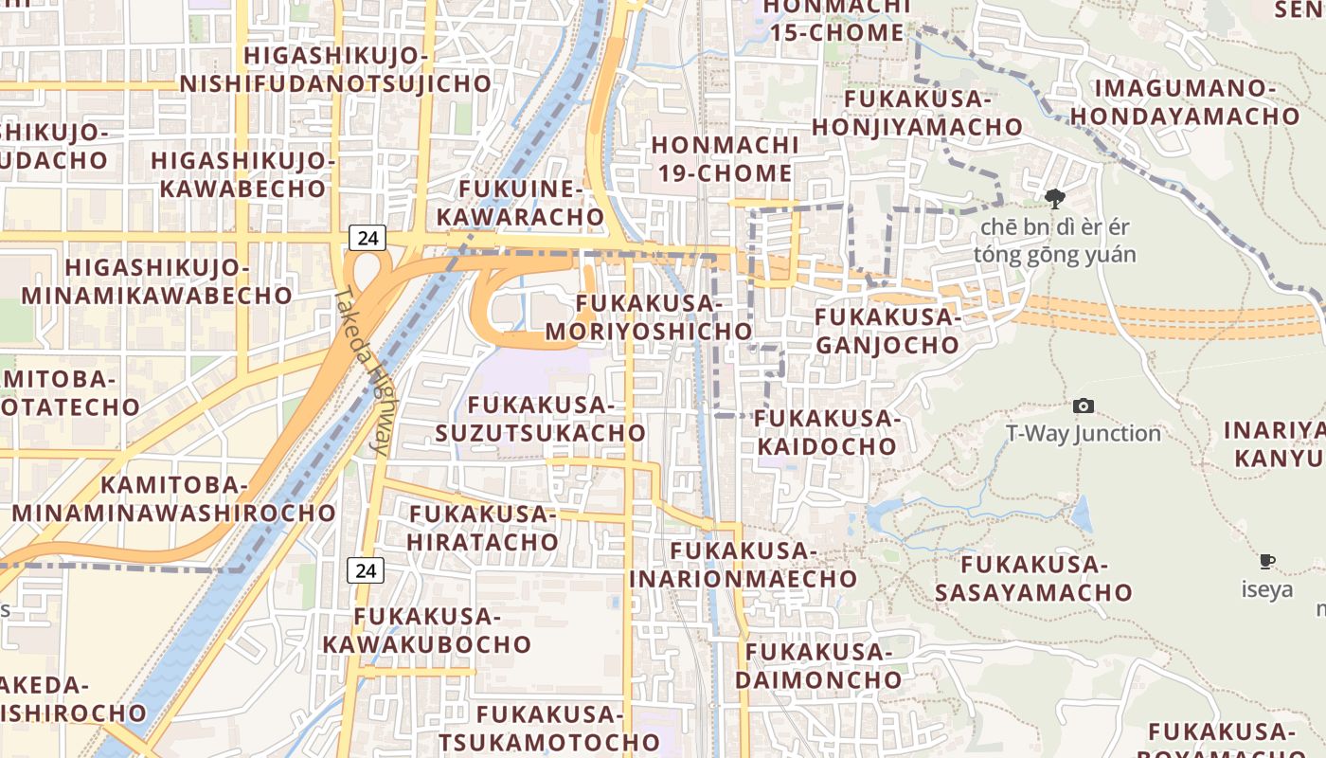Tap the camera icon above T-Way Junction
pos(1084,406)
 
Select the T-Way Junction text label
pos(1084,434)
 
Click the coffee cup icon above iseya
pos(1267,562)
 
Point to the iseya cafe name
pos(1267,589)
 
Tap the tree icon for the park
pos(1054,199)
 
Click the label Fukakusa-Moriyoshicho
pos(649,317)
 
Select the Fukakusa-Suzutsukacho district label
pos(541,419)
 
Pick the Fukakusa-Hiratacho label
pos(483,528)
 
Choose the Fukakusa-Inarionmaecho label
pos(743,564)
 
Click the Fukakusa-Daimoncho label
pos(818,665)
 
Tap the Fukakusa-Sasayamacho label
pos(1033,578)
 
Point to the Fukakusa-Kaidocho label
pos(826,432)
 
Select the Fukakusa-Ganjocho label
pos(887,331)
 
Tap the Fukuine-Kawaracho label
pos(520,202)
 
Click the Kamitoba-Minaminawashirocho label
pos(173,499)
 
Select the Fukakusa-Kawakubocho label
pos(427,630)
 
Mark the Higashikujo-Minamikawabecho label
pos(157,281)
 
